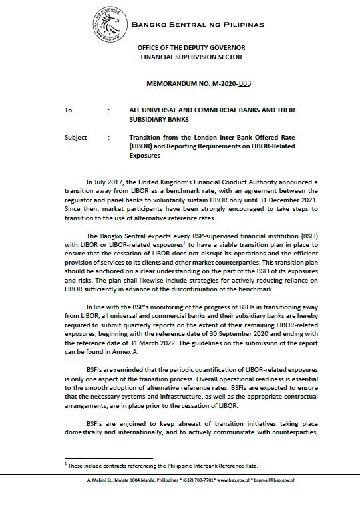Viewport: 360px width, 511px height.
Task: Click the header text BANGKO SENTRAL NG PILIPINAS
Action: point(198,25)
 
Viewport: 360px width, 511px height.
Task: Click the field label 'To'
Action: point(68,110)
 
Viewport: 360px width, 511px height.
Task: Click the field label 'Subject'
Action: point(75,138)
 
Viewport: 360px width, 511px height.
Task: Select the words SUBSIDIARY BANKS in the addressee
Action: point(160,120)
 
